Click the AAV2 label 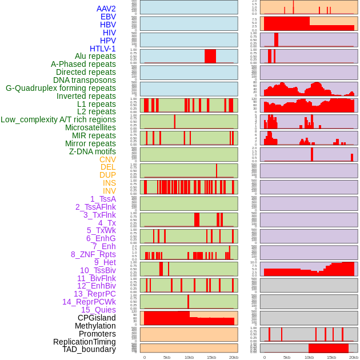(x=106, y=9)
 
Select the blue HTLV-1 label (x=103, y=49)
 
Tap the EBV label (x=108, y=17)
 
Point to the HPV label (x=108, y=41)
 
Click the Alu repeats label (x=95, y=56)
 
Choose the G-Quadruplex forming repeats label (x=61, y=88)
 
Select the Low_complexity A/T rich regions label (x=58, y=119)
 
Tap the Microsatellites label (x=90, y=127)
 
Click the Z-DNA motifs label (x=93, y=151)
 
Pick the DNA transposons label (x=85, y=80)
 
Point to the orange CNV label (x=107, y=159)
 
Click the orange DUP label (x=107, y=175)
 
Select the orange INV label (x=109, y=191)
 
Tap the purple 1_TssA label (x=103, y=199)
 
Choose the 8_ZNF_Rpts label (x=93, y=254)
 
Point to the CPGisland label (x=97, y=318)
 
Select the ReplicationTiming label (x=85, y=342)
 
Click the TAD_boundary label (x=89, y=349)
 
